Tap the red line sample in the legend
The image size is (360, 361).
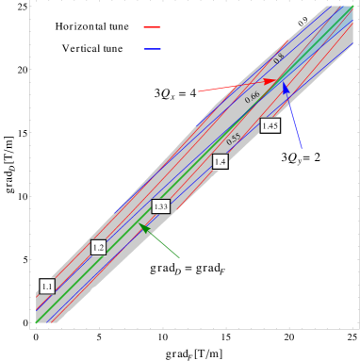pyautogui.click(x=152, y=26)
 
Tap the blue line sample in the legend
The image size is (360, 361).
pyautogui.click(x=152, y=47)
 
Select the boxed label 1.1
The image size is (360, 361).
pyautogui.click(x=48, y=285)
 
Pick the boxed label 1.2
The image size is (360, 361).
pyautogui.click(x=99, y=247)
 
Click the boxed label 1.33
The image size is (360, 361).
pyautogui.click(x=160, y=206)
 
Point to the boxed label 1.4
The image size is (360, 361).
pyautogui.click(x=221, y=162)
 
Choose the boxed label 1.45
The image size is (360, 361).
pyautogui.click(x=270, y=125)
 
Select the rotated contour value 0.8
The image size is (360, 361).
pyautogui.click(x=279, y=58)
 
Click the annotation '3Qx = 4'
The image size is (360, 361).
pyautogui.click(x=175, y=92)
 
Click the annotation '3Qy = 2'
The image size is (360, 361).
pyautogui.click(x=301, y=157)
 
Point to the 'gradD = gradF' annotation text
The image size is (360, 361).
pyautogui.click(x=188, y=268)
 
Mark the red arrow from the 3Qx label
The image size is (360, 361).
pyautogui.click(x=239, y=86)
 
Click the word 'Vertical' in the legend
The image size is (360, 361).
pyautogui.click(x=82, y=47)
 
